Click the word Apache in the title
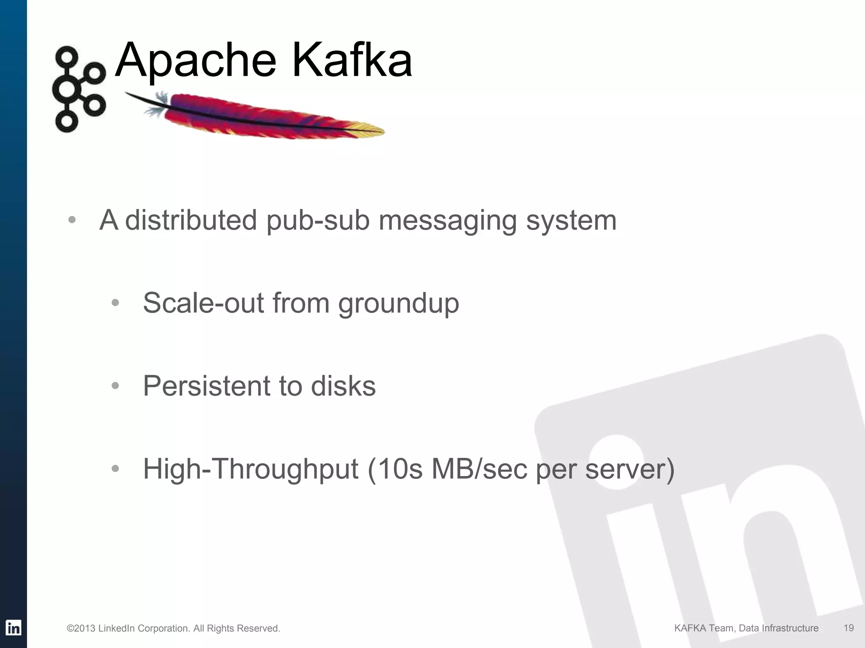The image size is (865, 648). click(x=195, y=61)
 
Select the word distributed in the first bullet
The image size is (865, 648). click(x=191, y=220)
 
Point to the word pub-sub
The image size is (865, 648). click(x=318, y=220)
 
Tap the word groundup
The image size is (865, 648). click(x=398, y=304)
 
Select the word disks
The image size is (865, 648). click(x=343, y=386)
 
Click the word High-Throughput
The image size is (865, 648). click(x=250, y=469)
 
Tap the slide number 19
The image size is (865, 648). click(x=848, y=628)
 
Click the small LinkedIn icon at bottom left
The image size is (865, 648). click(x=14, y=628)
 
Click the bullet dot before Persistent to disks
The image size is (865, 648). click(x=115, y=386)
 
